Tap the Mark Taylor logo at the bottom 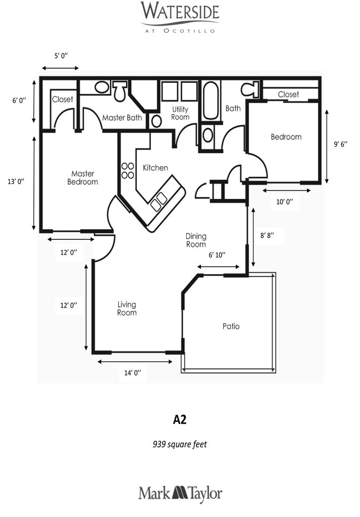pyautogui.click(x=180, y=493)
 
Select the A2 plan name pyautogui.click(x=180, y=419)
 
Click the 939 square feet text pyautogui.click(x=180, y=444)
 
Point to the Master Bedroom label pyautogui.click(x=83, y=178)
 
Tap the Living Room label pyautogui.click(x=127, y=308)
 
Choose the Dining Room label pyautogui.click(x=196, y=240)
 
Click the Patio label pyautogui.click(x=231, y=326)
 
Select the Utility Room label pyautogui.click(x=180, y=113)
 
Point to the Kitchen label pyautogui.click(x=156, y=168)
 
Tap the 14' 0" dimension pyautogui.click(x=132, y=373)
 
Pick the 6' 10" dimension pyautogui.click(x=217, y=255)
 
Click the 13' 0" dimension pyautogui.click(x=16, y=182)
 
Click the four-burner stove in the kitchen pyautogui.click(x=127, y=171)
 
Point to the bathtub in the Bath pyautogui.click(x=211, y=100)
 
